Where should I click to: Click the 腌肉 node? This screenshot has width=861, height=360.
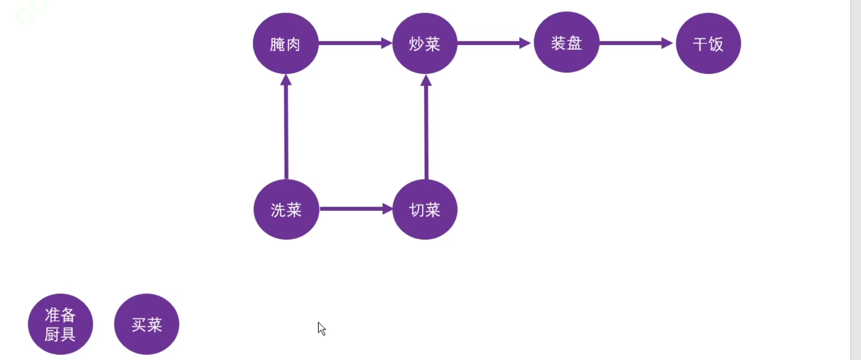[285, 43]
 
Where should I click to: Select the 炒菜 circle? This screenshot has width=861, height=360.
[425, 43]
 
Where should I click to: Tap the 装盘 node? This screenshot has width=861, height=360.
[566, 42]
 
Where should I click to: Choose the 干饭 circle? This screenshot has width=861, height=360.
[708, 43]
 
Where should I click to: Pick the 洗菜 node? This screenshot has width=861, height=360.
[286, 210]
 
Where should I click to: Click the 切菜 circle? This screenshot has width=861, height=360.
[425, 210]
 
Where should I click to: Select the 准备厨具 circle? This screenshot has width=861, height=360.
[60, 324]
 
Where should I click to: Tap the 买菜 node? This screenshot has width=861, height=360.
[147, 324]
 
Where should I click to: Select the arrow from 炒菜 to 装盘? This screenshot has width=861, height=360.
[491, 43]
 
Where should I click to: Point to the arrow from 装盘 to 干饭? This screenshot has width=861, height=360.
[634, 43]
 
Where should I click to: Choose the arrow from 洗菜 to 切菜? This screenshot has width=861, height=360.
[353, 209]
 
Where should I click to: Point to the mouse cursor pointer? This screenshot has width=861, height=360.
[322, 328]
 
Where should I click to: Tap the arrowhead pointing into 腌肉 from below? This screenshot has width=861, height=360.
[286, 80]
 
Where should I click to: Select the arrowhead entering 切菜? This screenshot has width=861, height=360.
[387, 209]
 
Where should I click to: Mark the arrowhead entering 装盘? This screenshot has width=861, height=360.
[525, 43]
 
